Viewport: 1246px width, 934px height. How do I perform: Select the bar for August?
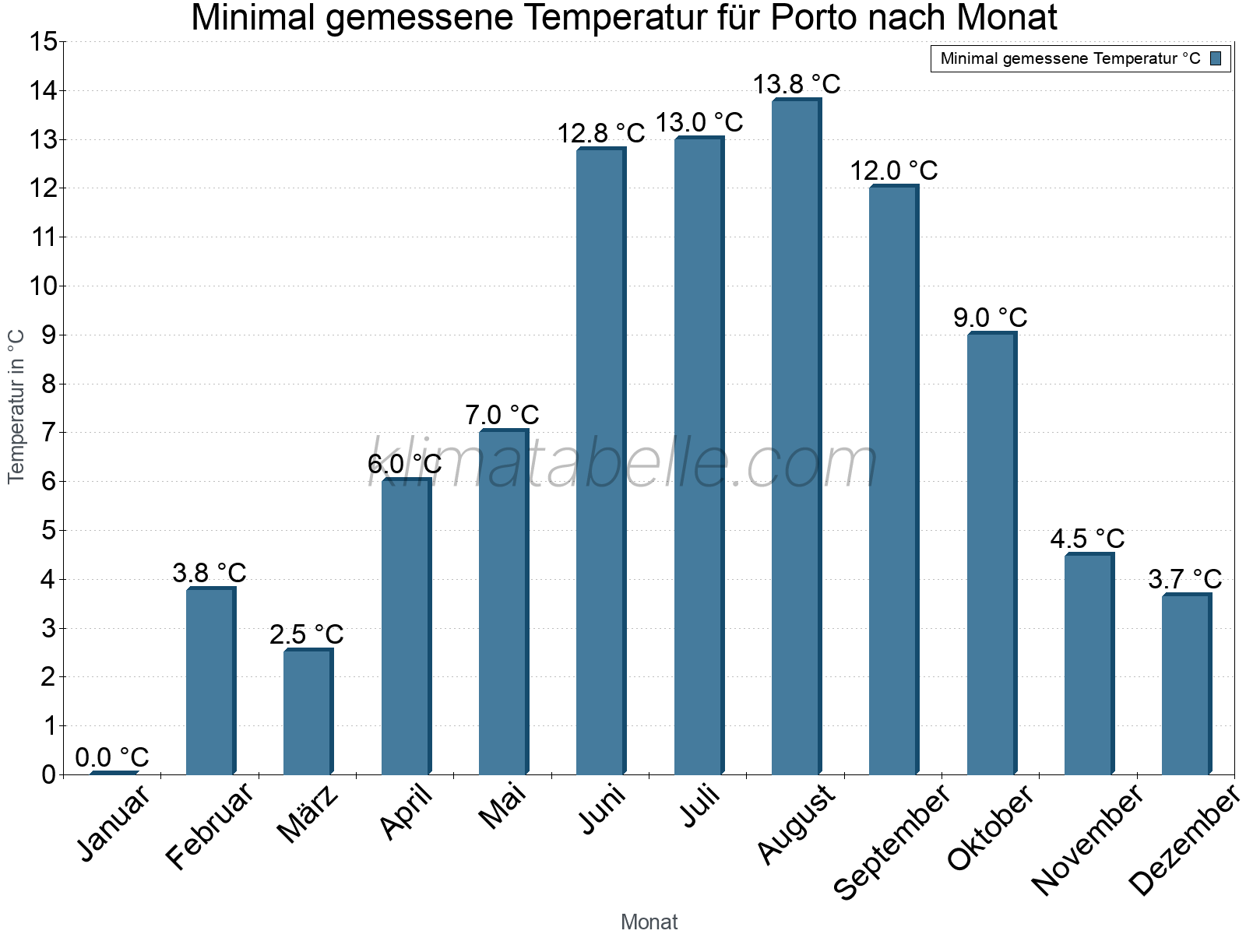[x=796, y=437]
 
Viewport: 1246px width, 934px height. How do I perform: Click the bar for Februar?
[x=210, y=681]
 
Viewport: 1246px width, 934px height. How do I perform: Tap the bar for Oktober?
[x=991, y=553]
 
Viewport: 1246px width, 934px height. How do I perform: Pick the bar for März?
[x=308, y=712]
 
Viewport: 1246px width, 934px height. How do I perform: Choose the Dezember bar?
[x=1186, y=684]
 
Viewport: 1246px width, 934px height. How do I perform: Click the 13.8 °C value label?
[x=796, y=84]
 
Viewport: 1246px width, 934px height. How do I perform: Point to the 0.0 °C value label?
[x=112, y=757]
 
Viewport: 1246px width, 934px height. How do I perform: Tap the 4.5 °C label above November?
[x=1087, y=539]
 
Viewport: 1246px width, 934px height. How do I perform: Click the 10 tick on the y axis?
[x=44, y=286]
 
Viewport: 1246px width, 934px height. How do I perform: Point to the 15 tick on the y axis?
[x=44, y=42]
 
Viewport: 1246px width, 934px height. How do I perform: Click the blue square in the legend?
[x=1216, y=58]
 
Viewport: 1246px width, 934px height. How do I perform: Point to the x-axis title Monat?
[x=649, y=922]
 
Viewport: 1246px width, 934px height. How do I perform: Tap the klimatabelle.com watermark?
[x=623, y=463]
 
